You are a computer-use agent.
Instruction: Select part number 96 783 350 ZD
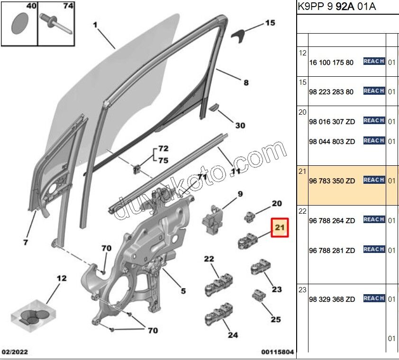click(332, 180)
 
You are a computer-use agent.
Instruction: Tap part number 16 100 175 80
click(331, 63)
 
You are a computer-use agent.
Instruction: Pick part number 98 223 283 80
click(331, 92)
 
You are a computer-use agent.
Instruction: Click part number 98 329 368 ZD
click(332, 299)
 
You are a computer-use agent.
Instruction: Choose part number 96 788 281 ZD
click(332, 251)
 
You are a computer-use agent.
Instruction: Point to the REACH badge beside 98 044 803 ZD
click(374, 141)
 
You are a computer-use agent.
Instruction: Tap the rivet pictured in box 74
click(56, 24)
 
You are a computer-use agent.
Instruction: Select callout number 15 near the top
click(270, 23)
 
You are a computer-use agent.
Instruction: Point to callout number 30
click(240, 126)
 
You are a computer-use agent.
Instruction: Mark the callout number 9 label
click(240, 194)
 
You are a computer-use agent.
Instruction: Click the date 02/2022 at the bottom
click(15, 352)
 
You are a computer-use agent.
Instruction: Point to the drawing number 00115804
click(277, 352)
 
